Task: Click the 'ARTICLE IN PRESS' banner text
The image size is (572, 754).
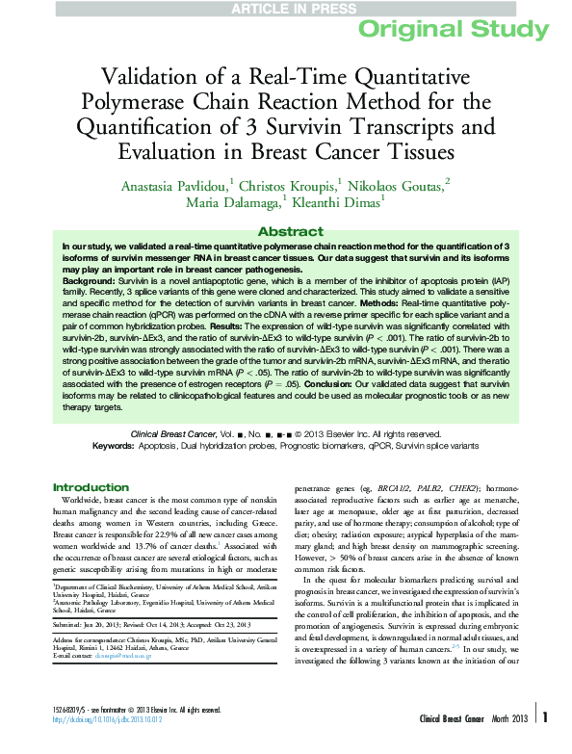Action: pos(285,10)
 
